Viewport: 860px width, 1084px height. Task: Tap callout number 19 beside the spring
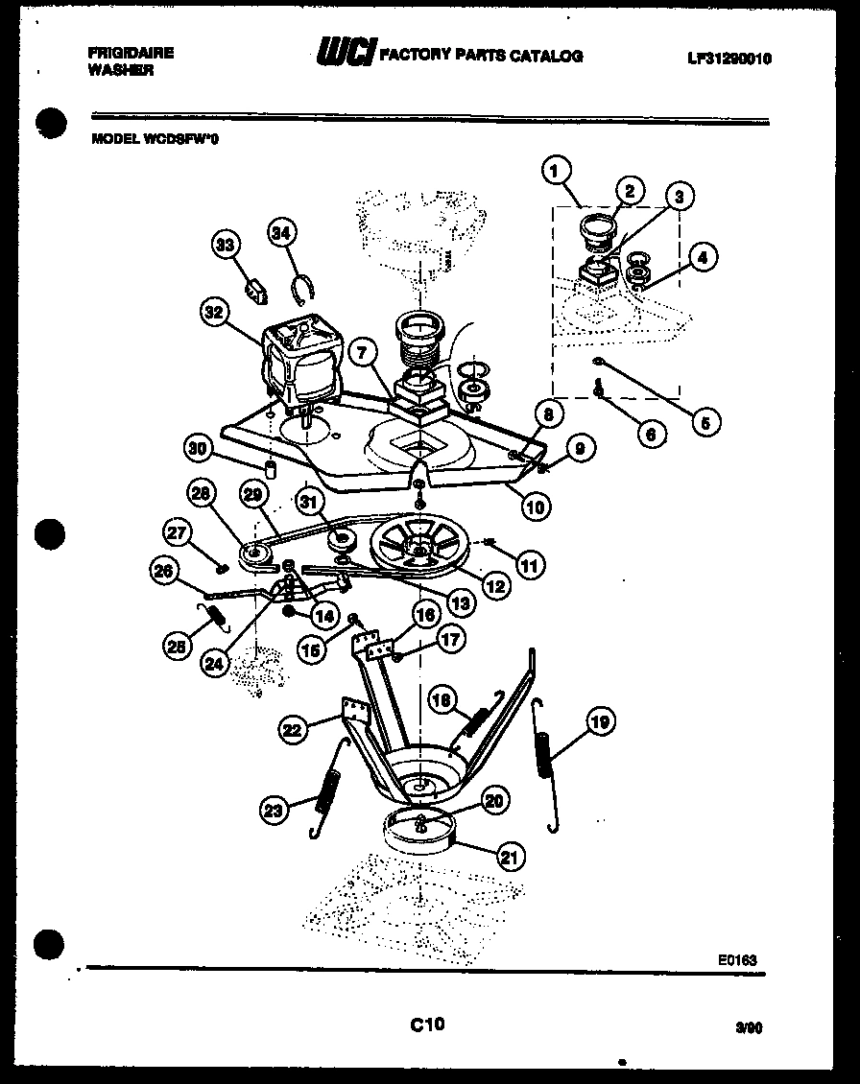[x=599, y=721]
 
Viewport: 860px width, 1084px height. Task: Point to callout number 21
[x=510, y=857]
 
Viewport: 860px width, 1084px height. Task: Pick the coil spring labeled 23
[x=327, y=789]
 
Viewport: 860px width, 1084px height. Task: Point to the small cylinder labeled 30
[x=271, y=469]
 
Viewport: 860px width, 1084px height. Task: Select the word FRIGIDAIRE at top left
[x=131, y=53]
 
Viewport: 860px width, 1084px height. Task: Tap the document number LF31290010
[x=729, y=59]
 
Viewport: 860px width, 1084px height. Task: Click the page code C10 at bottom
[x=427, y=1025]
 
